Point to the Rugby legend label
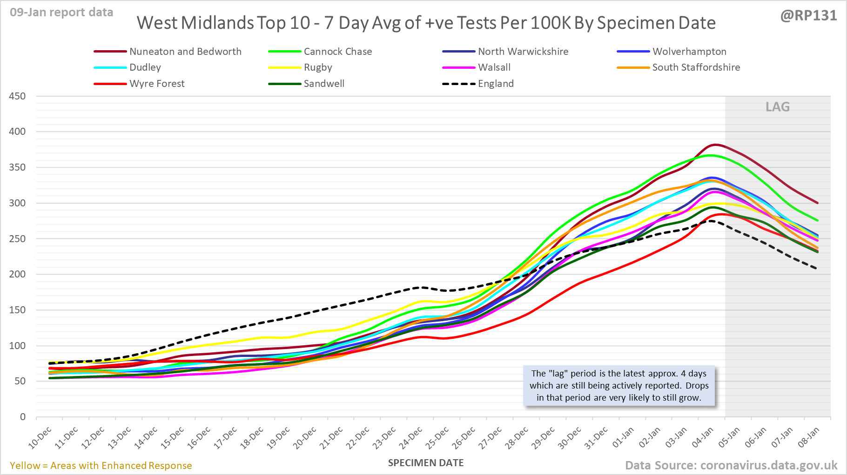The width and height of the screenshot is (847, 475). tap(318, 67)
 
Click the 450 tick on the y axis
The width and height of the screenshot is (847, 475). tap(17, 96)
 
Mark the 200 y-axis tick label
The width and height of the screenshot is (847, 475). tap(17, 274)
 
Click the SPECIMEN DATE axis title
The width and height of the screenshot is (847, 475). tap(426, 463)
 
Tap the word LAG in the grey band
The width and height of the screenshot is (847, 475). tap(778, 107)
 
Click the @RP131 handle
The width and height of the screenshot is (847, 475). tap(808, 16)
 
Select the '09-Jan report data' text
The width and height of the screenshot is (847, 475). tap(61, 12)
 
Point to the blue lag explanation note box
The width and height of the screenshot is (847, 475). tap(619, 386)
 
